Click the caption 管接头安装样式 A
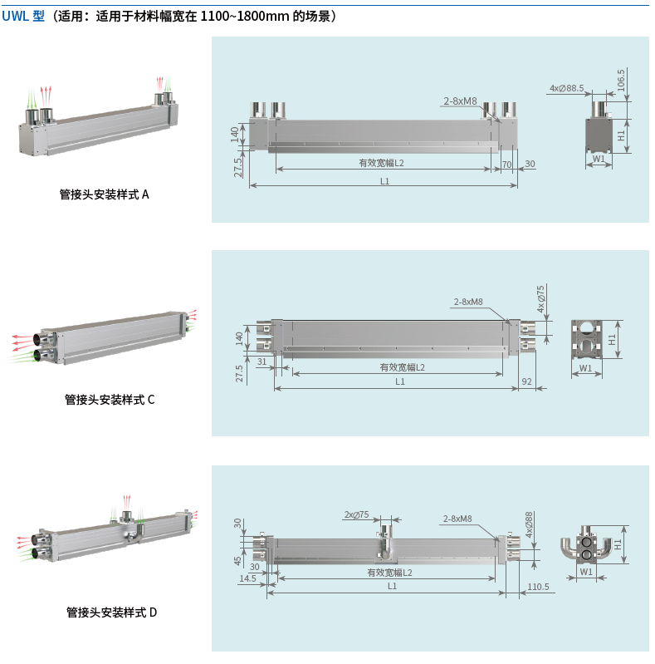tap(104, 194)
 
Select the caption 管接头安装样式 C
tap(110, 399)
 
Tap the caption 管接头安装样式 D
tap(111, 612)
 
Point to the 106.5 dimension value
tap(622, 81)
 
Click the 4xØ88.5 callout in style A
tap(566, 87)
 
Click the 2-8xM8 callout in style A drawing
tap(460, 101)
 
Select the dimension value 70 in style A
tap(506, 164)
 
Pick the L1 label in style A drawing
tap(384, 180)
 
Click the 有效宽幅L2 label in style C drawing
tap(402, 367)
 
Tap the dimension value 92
tap(526, 381)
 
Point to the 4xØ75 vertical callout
tap(541, 298)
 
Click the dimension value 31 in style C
tap(262, 362)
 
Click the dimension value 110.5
tap(539, 587)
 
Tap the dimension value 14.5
tap(247, 578)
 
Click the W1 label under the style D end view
tap(585, 572)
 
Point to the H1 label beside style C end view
tap(612, 340)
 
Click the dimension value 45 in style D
tap(238, 559)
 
